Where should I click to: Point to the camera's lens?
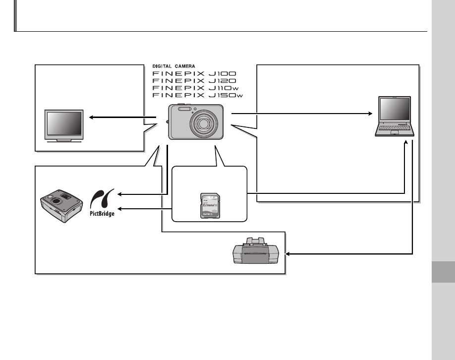tap(204, 122)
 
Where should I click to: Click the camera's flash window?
tap(184, 109)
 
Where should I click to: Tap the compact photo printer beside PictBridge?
tap(61, 204)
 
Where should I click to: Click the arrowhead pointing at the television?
tap(91, 118)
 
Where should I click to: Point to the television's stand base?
tap(63, 141)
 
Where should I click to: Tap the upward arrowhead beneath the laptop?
tap(406, 143)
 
